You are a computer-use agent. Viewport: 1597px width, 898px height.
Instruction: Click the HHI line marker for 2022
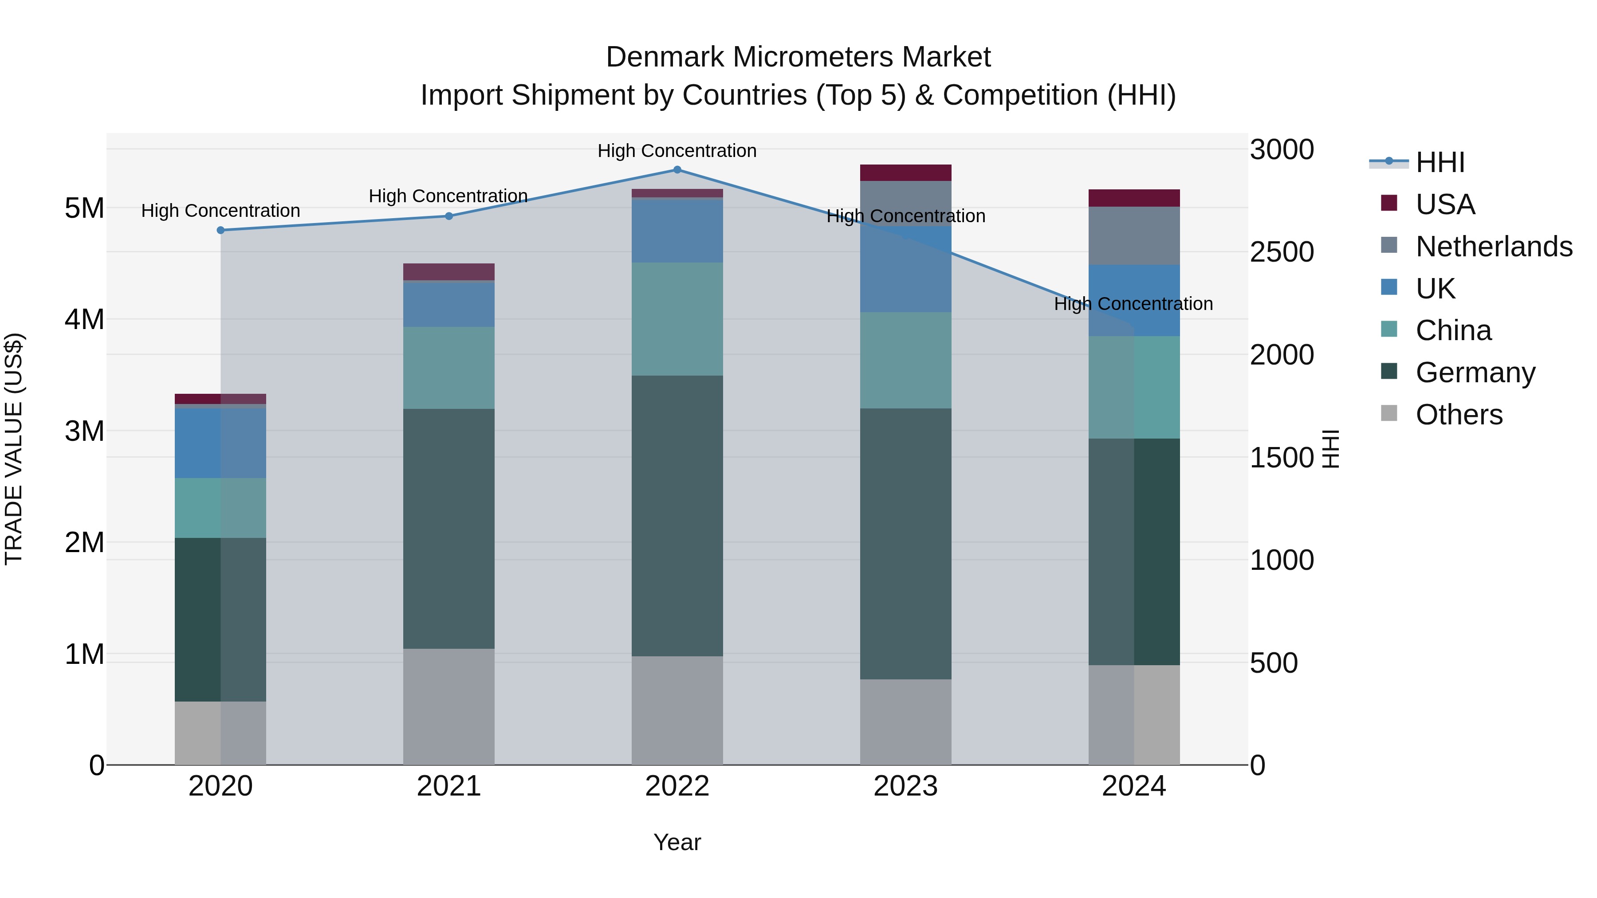(x=677, y=170)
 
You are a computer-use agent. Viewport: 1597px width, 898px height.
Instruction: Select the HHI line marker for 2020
(x=221, y=230)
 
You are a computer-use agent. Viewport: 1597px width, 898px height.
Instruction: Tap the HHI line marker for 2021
(x=449, y=216)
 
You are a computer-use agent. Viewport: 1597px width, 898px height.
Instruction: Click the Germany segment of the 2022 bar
(x=677, y=516)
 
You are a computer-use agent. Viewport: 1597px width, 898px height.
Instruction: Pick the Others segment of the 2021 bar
(x=449, y=706)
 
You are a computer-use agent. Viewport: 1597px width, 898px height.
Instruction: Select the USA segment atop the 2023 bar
(x=905, y=173)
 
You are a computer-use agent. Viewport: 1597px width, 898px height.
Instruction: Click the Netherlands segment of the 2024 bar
(x=1133, y=236)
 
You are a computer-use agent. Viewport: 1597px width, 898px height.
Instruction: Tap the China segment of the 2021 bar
(x=449, y=368)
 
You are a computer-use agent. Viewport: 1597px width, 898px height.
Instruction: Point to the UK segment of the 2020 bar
(x=221, y=443)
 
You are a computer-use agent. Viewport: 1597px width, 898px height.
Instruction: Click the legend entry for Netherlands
(x=1494, y=247)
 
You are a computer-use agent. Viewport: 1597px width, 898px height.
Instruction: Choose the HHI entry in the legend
(x=1440, y=162)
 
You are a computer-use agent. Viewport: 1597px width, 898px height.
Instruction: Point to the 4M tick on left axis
(x=84, y=320)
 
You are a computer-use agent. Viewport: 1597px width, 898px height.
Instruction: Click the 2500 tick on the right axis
(x=1282, y=252)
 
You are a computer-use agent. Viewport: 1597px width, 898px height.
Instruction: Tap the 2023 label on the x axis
(x=905, y=786)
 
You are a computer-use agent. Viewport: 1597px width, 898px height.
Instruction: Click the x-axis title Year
(x=677, y=842)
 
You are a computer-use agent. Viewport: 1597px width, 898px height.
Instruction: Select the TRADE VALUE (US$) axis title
(x=14, y=449)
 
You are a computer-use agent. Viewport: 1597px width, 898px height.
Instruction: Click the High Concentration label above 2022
(x=677, y=151)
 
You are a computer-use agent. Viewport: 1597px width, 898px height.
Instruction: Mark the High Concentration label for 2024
(x=1133, y=304)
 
